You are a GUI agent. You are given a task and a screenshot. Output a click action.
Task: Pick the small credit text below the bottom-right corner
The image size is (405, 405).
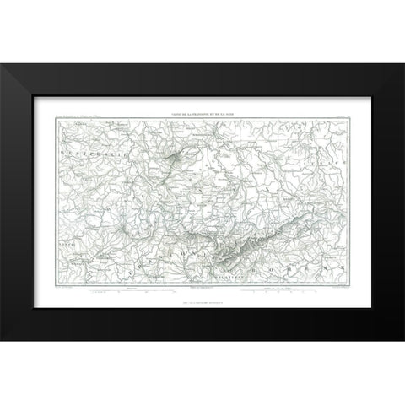[x=336, y=288]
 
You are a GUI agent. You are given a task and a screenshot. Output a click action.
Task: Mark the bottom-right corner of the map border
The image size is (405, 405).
[x=348, y=284]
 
